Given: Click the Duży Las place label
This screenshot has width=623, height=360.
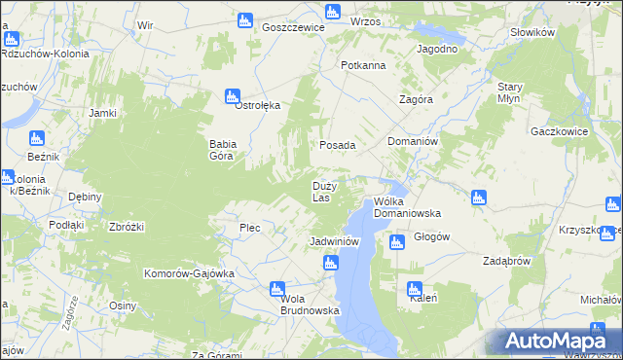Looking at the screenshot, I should (325, 192).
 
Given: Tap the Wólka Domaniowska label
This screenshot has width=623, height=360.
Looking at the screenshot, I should (408, 207).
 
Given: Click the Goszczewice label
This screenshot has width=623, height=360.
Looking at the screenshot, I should (293, 28).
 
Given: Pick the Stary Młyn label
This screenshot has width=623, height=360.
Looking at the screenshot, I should (510, 92).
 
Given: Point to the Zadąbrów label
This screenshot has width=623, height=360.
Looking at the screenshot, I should (506, 261).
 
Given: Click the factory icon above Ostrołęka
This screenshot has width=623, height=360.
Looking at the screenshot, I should (233, 96).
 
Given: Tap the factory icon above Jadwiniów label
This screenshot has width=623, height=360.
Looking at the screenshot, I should (331, 262).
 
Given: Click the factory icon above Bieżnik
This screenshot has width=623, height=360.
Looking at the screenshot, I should (37, 138).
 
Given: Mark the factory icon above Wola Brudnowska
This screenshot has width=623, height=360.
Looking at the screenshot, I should (276, 289).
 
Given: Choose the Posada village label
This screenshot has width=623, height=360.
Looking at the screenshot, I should (339, 145).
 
